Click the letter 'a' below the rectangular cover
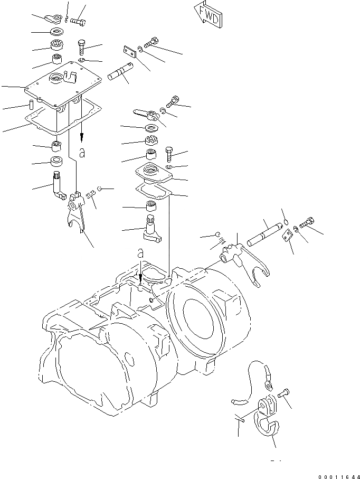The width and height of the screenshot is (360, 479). pos(82,153)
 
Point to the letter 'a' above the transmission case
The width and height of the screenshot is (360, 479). pos(140,253)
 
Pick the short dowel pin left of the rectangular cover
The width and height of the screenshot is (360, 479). pos(32,102)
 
